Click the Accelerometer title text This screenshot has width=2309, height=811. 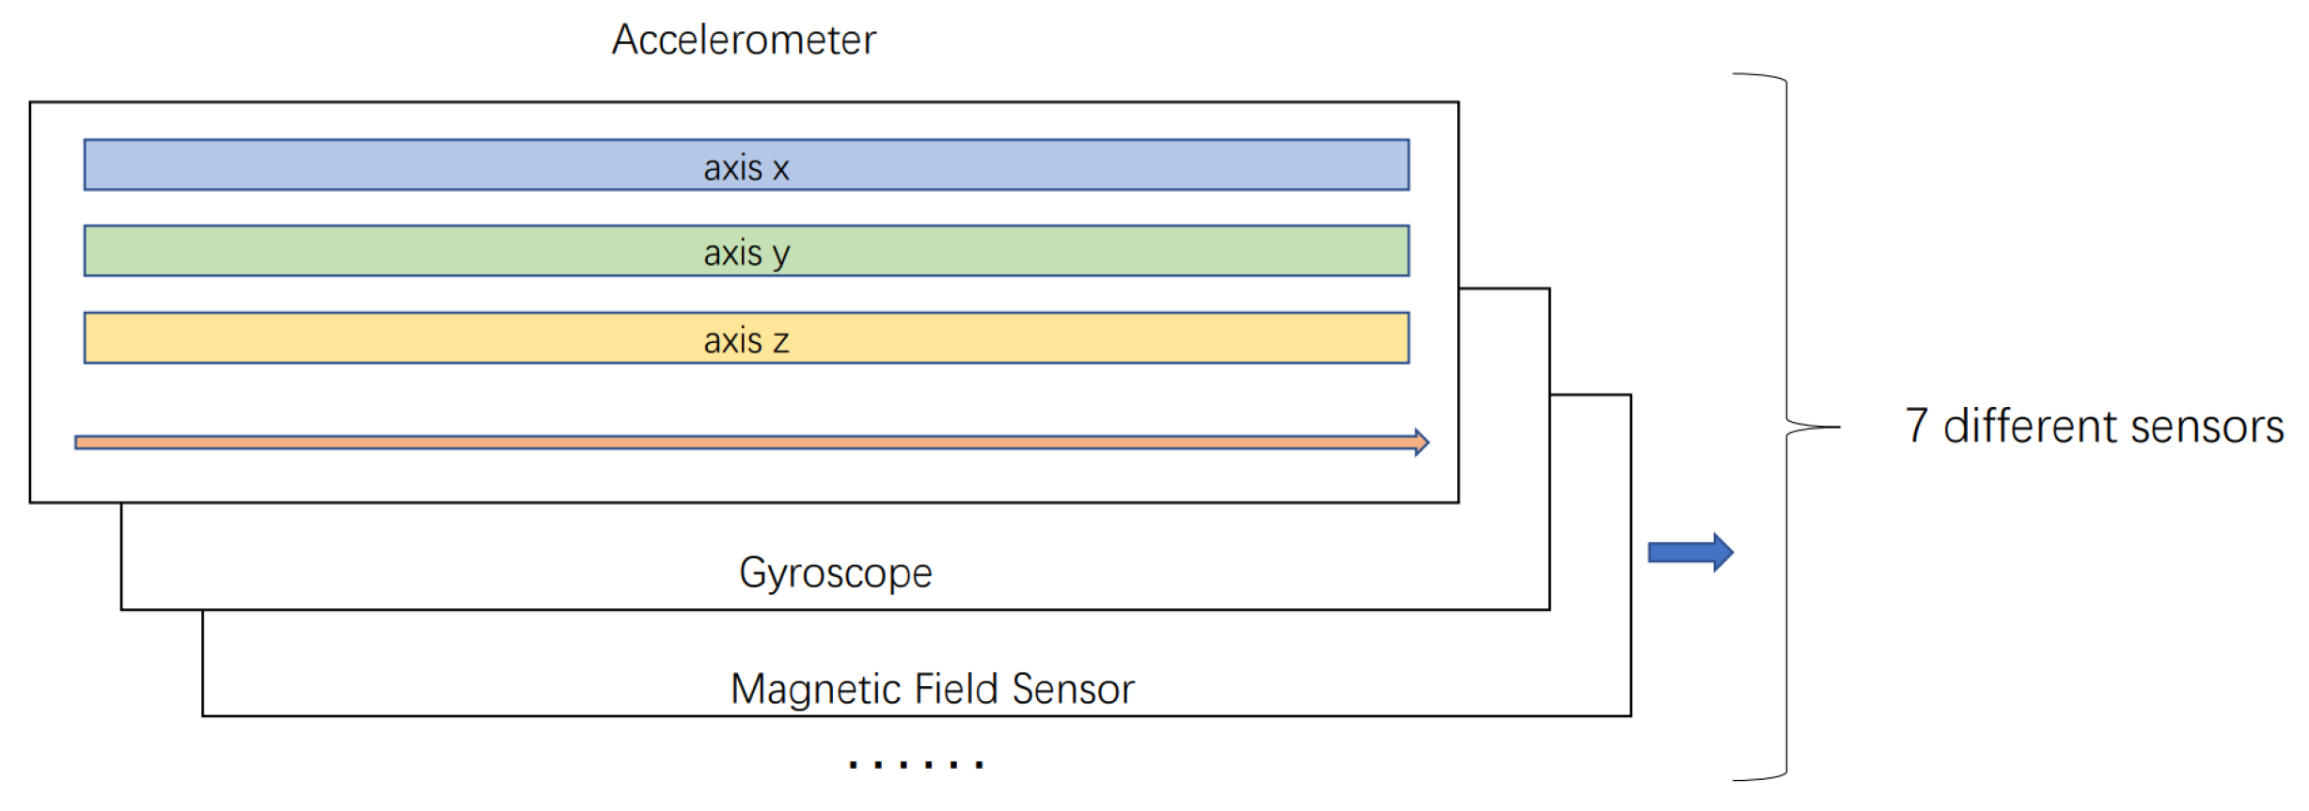(744, 39)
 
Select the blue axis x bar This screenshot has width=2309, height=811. (376, 165)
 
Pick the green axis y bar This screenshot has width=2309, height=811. (376, 251)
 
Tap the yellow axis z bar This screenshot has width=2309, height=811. (376, 338)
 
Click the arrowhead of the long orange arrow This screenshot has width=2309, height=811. (1422, 442)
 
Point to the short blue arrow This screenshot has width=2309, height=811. (1689, 553)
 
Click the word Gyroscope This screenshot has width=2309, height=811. (835, 572)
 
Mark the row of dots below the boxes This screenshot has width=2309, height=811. (916, 764)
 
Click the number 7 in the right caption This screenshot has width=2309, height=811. (1917, 426)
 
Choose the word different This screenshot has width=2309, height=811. (2030, 426)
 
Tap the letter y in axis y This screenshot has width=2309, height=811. (780, 256)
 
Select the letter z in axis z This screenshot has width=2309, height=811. (780, 342)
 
